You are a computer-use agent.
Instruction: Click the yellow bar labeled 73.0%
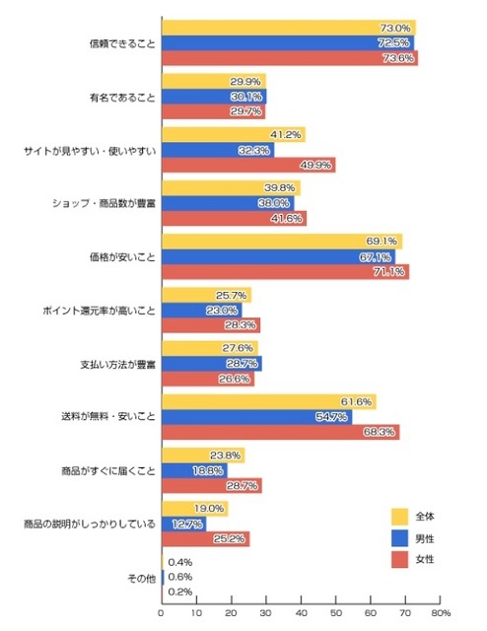(288, 28)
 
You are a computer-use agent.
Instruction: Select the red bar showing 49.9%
(247, 166)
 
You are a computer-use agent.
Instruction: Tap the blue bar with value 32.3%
(217, 150)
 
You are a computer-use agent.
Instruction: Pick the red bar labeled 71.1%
(285, 272)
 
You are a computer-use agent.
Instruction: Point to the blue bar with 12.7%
(183, 524)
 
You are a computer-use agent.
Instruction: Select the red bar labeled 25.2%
(205, 539)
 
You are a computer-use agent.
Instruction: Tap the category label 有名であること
(122, 98)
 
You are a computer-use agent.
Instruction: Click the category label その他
(140, 577)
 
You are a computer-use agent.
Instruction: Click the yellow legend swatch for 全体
(399, 515)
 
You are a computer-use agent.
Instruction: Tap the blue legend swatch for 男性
(399, 538)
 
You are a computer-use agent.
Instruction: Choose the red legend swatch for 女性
(399, 561)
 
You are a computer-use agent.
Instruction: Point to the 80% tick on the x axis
(440, 612)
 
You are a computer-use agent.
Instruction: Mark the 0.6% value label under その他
(180, 577)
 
